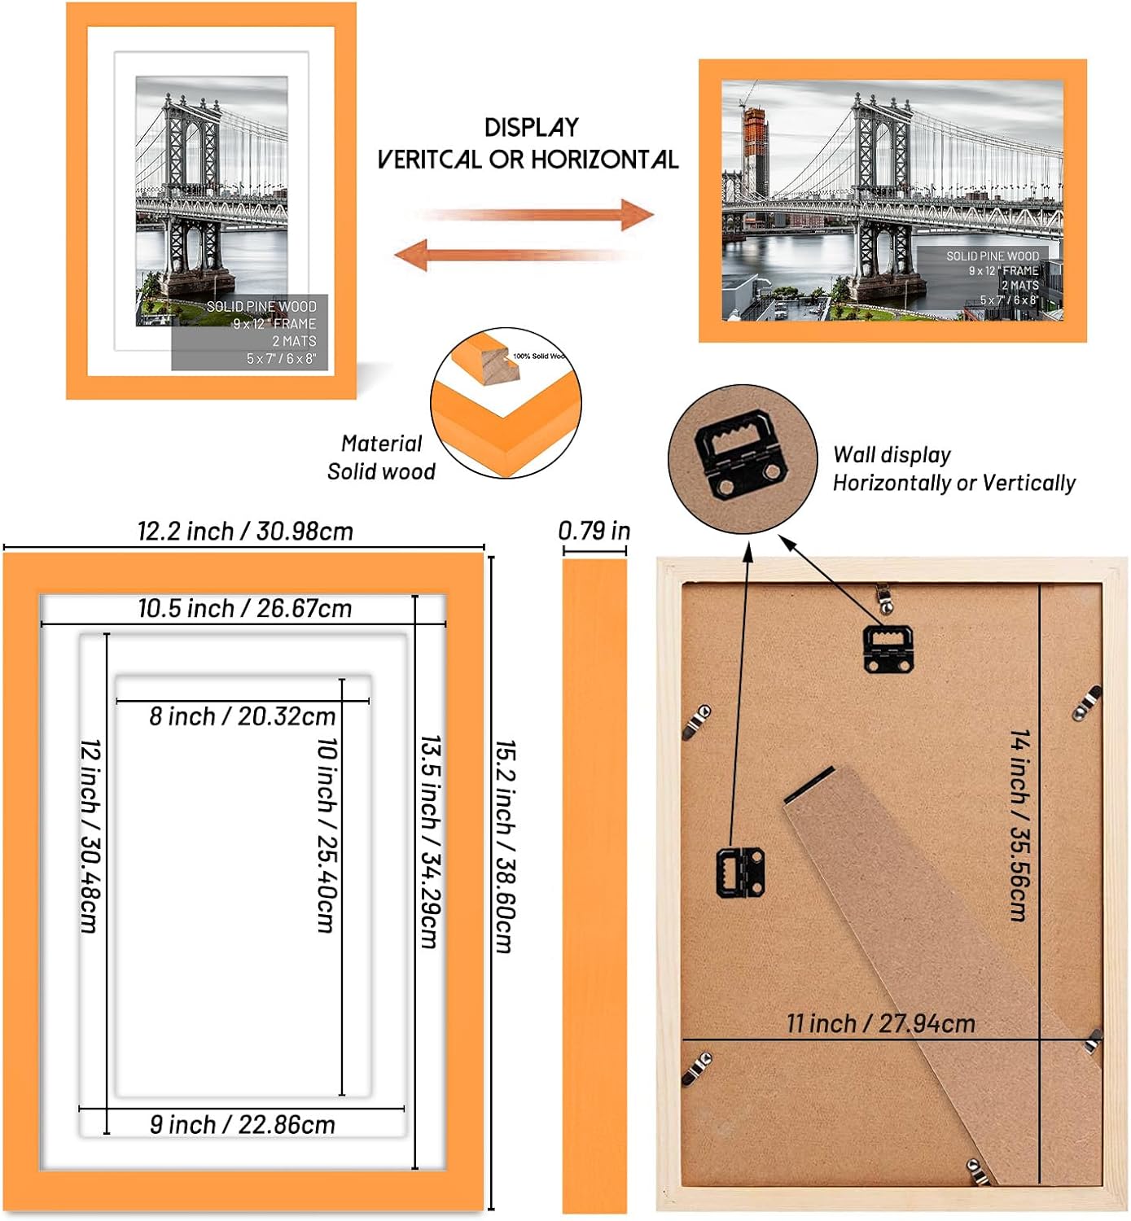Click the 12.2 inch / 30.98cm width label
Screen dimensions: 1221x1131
point(245,532)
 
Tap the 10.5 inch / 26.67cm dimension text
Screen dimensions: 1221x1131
point(244,609)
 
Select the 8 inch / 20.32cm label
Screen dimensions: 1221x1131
point(243,716)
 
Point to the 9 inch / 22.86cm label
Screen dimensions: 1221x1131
point(243,1125)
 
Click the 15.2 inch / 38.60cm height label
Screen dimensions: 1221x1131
point(505,847)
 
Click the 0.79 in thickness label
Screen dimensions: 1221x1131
point(594,532)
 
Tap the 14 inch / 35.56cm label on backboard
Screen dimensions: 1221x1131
point(1019,825)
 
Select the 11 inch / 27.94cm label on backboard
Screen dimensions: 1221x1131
point(880,1024)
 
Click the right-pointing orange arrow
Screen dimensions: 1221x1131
point(537,216)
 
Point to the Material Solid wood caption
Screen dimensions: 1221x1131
point(381,457)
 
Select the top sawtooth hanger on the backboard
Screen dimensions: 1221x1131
point(888,649)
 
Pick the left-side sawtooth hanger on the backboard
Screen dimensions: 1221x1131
point(739,873)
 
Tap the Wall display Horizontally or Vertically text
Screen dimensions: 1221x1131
point(953,469)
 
